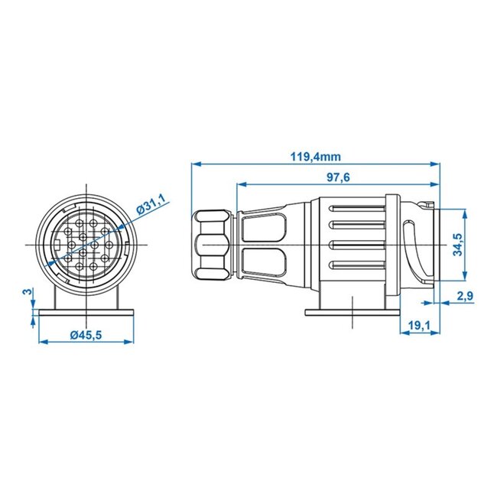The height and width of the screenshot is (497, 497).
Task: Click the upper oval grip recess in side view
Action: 263,226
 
